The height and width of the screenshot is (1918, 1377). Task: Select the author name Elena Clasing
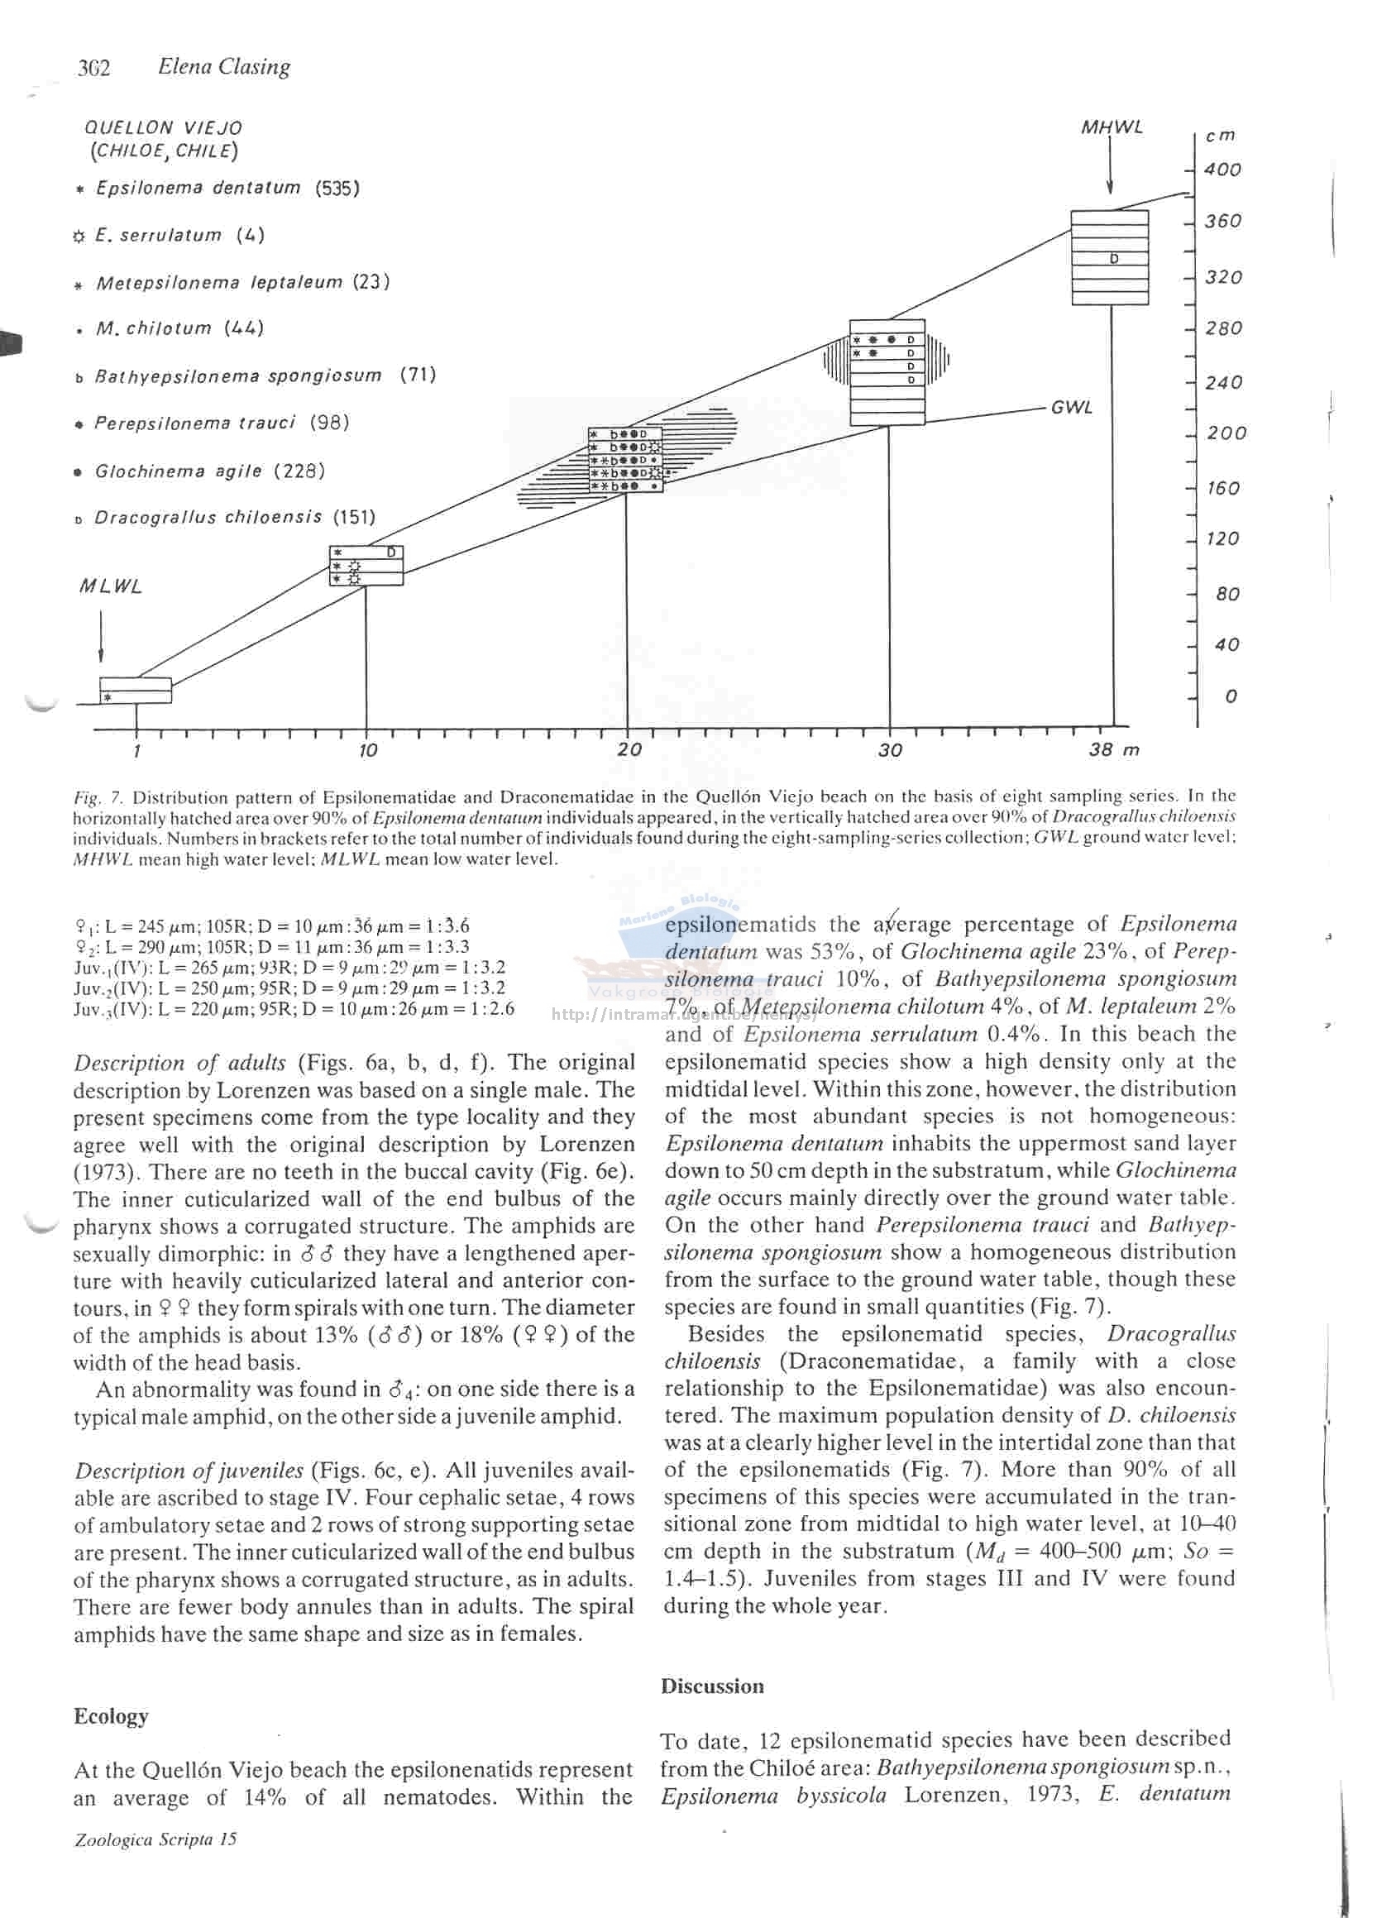(x=223, y=67)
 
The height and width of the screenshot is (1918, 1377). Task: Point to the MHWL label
(x=1111, y=127)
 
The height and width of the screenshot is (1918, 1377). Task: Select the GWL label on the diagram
(x=1071, y=408)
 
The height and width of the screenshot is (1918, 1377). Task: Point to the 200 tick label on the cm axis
(x=1226, y=433)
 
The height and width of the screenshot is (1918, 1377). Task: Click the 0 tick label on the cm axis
(x=1231, y=697)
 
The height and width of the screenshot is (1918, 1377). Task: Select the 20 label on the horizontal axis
(x=629, y=749)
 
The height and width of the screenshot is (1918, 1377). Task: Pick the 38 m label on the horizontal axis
(x=1114, y=749)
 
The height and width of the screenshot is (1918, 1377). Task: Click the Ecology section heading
(x=111, y=1716)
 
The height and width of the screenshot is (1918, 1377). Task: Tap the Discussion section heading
(x=712, y=1686)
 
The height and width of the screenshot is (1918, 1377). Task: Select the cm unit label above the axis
(x=1220, y=136)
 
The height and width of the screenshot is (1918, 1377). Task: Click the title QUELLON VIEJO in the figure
(x=162, y=128)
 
